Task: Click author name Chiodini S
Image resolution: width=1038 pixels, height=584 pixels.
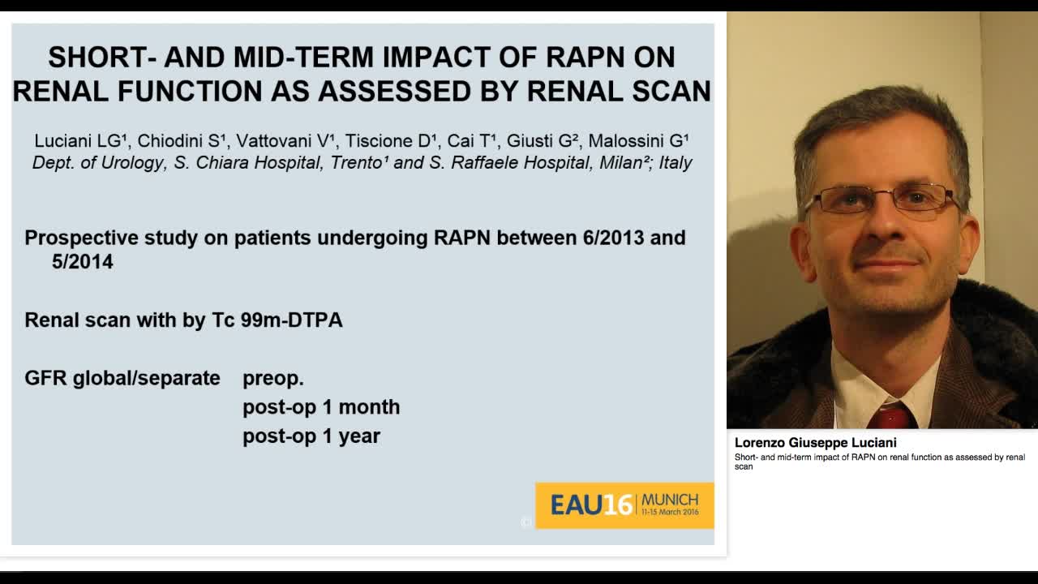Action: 181,141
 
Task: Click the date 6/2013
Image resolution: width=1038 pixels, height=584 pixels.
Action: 616,238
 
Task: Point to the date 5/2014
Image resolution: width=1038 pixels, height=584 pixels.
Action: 82,262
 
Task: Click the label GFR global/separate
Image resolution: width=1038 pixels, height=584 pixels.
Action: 122,378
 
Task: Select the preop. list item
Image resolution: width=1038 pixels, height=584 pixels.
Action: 273,378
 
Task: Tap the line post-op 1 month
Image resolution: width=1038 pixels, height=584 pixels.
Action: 321,406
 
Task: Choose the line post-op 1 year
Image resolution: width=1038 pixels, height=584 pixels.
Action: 311,436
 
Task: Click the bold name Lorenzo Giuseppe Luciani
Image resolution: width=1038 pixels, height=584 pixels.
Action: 815,443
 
